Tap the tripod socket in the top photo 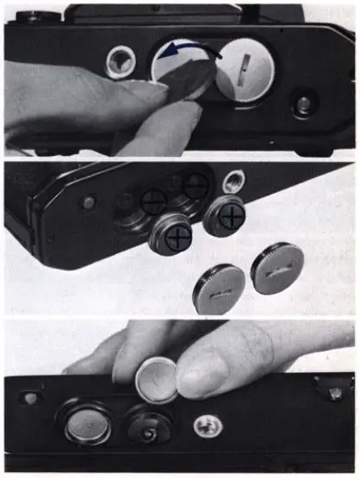point(121,61)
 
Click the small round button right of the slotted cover point(303,104)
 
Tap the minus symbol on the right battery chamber point(196,184)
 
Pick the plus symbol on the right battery point(229,216)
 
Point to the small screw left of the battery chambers point(89,203)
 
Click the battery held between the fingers point(157,379)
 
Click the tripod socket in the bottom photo point(204,425)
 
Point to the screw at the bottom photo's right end point(332,392)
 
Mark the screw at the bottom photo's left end point(32,399)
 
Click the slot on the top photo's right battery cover point(244,65)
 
